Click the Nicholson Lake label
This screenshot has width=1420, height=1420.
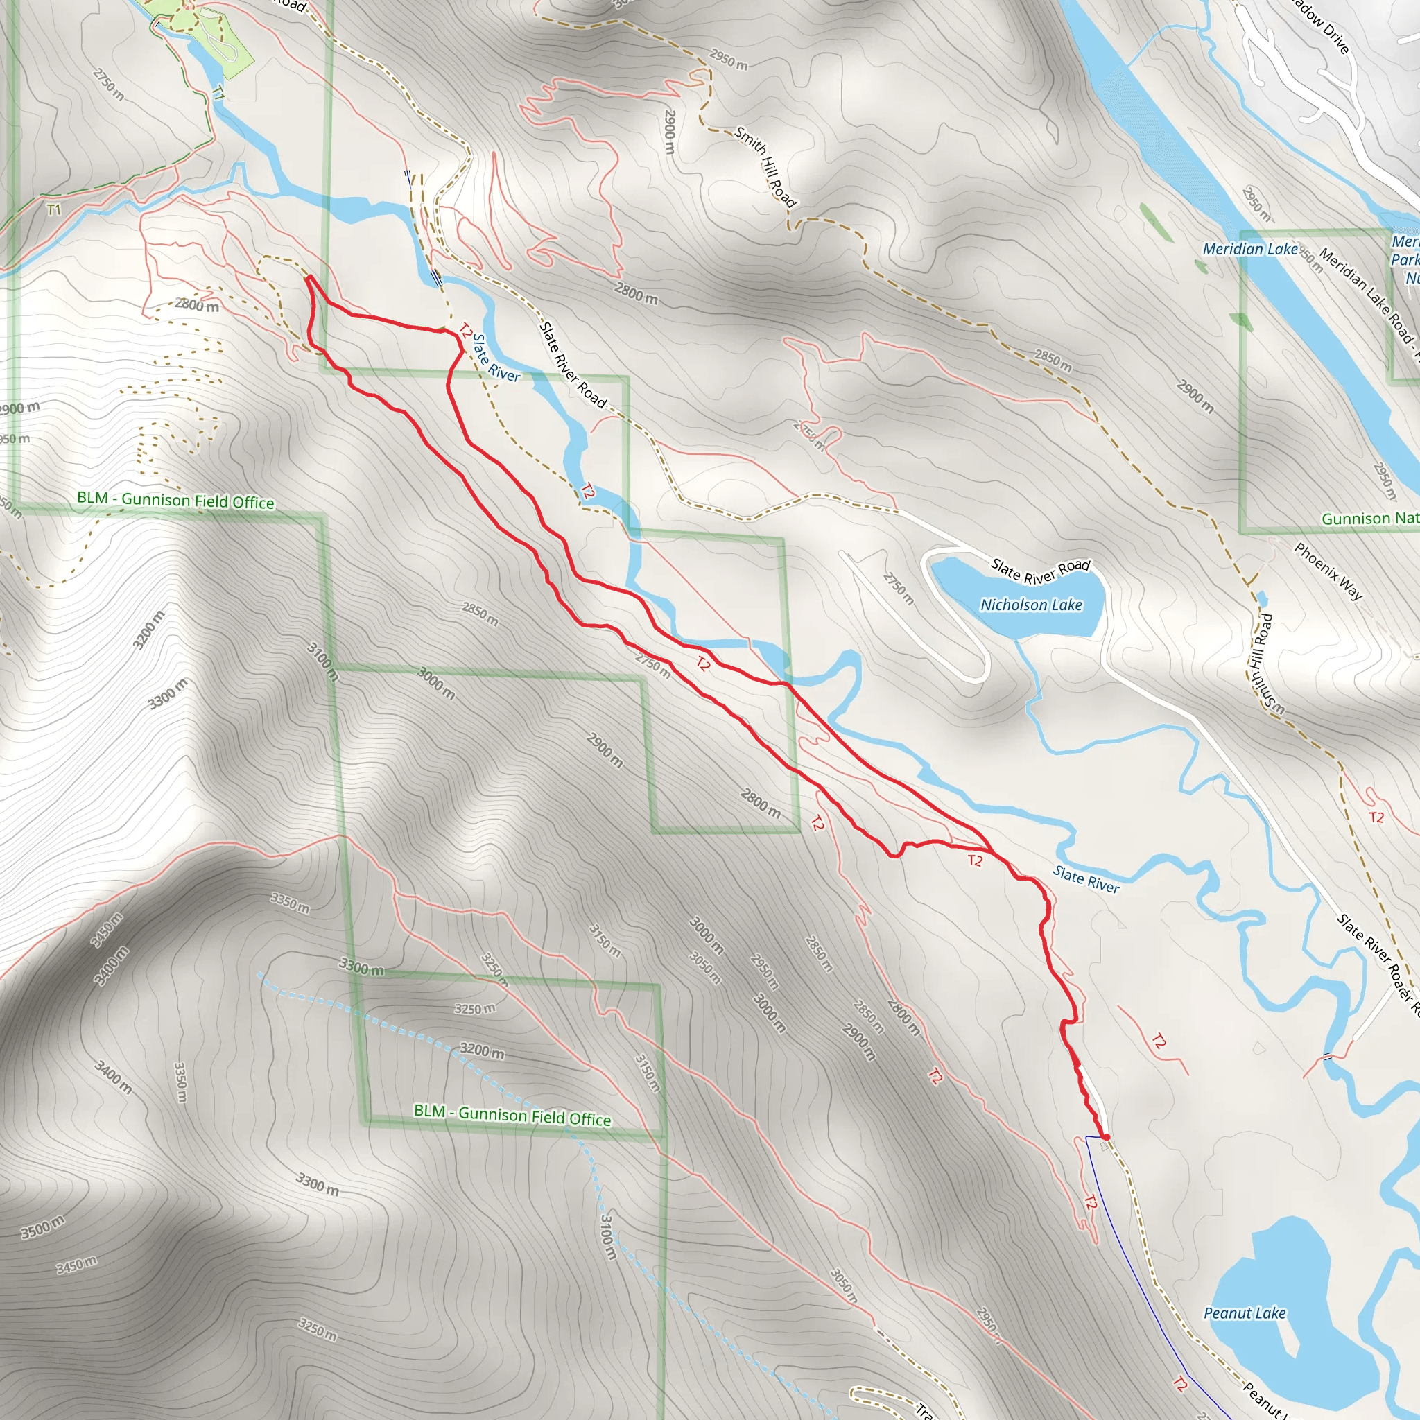1031,605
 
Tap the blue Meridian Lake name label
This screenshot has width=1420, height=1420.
1249,249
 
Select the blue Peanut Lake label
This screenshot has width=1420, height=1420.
1245,1313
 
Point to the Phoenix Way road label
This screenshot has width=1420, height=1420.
1328,572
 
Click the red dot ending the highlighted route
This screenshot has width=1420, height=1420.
1105,1137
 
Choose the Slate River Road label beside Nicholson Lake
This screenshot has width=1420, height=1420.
1040,571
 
